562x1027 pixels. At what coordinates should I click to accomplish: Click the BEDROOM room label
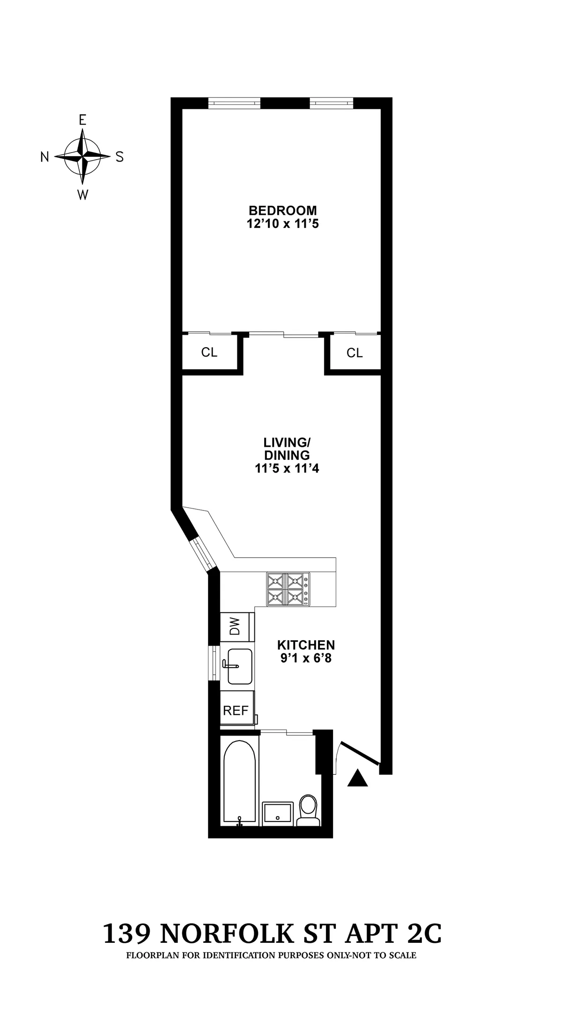(x=282, y=211)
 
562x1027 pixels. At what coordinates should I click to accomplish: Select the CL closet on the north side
(x=209, y=352)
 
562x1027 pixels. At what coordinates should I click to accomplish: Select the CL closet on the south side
(x=355, y=353)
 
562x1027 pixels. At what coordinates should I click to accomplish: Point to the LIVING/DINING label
(x=287, y=449)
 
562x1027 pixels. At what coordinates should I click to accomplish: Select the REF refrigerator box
(x=236, y=711)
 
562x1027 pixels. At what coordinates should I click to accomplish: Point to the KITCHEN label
(x=306, y=645)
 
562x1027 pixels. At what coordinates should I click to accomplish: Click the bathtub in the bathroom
(x=240, y=782)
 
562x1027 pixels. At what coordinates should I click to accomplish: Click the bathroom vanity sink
(x=278, y=814)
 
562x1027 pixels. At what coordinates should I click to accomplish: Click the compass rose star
(x=82, y=157)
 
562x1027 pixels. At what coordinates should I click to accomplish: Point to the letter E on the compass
(x=82, y=120)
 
